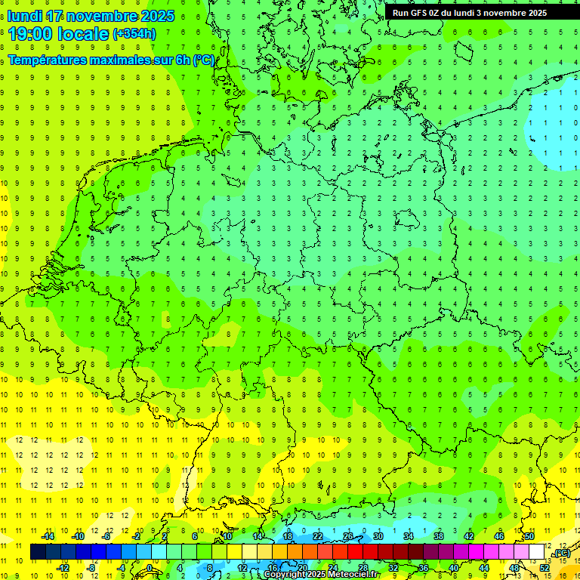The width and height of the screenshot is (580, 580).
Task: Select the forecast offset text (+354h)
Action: click(134, 34)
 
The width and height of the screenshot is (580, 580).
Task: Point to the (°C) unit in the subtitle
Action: click(204, 60)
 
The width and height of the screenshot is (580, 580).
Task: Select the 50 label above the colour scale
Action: click(529, 536)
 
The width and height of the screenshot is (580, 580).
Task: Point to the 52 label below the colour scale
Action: click(544, 567)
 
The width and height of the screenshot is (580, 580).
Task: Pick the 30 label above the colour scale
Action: click(378, 536)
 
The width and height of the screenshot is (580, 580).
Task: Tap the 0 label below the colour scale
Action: click(150, 567)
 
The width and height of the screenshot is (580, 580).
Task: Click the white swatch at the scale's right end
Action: click(536, 552)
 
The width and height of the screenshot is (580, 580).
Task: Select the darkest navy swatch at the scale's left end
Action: click(38, 552)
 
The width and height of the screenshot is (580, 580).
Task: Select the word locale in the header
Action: click(82, 34)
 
